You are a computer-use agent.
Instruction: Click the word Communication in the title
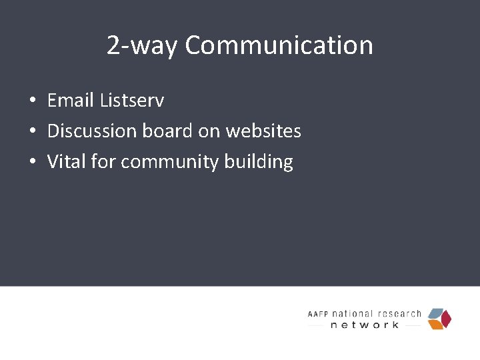pos(279,45)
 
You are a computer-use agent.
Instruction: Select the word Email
pos(71,101)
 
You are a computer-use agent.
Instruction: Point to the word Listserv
pos(132,101)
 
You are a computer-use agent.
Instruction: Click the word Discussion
pos(92,131)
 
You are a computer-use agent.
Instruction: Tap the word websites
pos(263,131)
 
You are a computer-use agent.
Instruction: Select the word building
pos(256,161)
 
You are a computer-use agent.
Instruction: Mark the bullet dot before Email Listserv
pos(32,101)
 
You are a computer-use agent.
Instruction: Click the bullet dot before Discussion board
pos(32,131)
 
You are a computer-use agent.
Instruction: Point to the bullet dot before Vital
pos(32,162)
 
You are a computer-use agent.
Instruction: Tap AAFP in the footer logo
pos(319,314)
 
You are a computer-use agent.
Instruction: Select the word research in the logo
pos(401,313)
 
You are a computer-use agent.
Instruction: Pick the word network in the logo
pos(365,325)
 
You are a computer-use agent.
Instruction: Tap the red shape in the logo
pos(447,319)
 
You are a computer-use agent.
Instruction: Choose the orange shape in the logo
pos(435,324)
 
